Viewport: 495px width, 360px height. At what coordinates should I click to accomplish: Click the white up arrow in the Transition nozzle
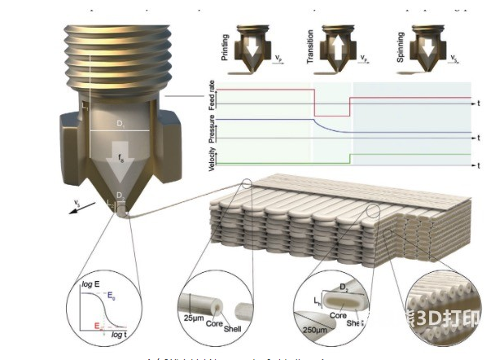click(340, 47)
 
